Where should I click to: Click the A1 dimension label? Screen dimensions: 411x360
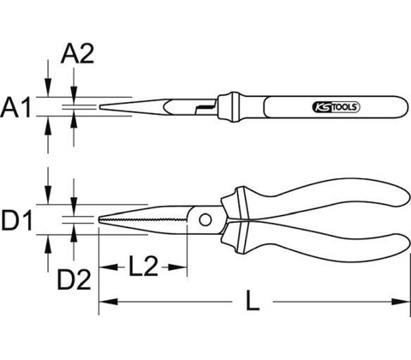(15, 107)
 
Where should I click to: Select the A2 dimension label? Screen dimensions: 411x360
(77, 53)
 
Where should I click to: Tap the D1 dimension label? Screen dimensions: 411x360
(17, 219)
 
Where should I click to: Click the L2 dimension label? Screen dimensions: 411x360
(143, 266)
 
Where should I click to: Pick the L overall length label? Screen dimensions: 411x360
(253, 300)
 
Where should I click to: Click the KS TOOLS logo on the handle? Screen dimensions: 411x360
(337, 107)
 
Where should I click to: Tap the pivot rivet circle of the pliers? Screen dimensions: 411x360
(205, 219)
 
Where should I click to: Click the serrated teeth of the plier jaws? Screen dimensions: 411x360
(142, 220)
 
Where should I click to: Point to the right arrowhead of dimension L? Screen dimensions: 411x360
(400, 302)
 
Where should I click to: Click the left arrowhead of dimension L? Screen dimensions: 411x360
(108, 302)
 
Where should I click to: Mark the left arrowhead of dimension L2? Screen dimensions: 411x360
(108, 267)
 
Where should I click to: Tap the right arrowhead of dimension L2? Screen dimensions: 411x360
(177, 267)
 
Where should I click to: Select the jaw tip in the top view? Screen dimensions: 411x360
(100, 107)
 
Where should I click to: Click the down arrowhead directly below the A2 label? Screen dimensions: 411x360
(74, 92)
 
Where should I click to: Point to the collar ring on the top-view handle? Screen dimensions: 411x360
(235, 107)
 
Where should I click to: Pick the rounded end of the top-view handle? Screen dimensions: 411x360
(405, 107)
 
